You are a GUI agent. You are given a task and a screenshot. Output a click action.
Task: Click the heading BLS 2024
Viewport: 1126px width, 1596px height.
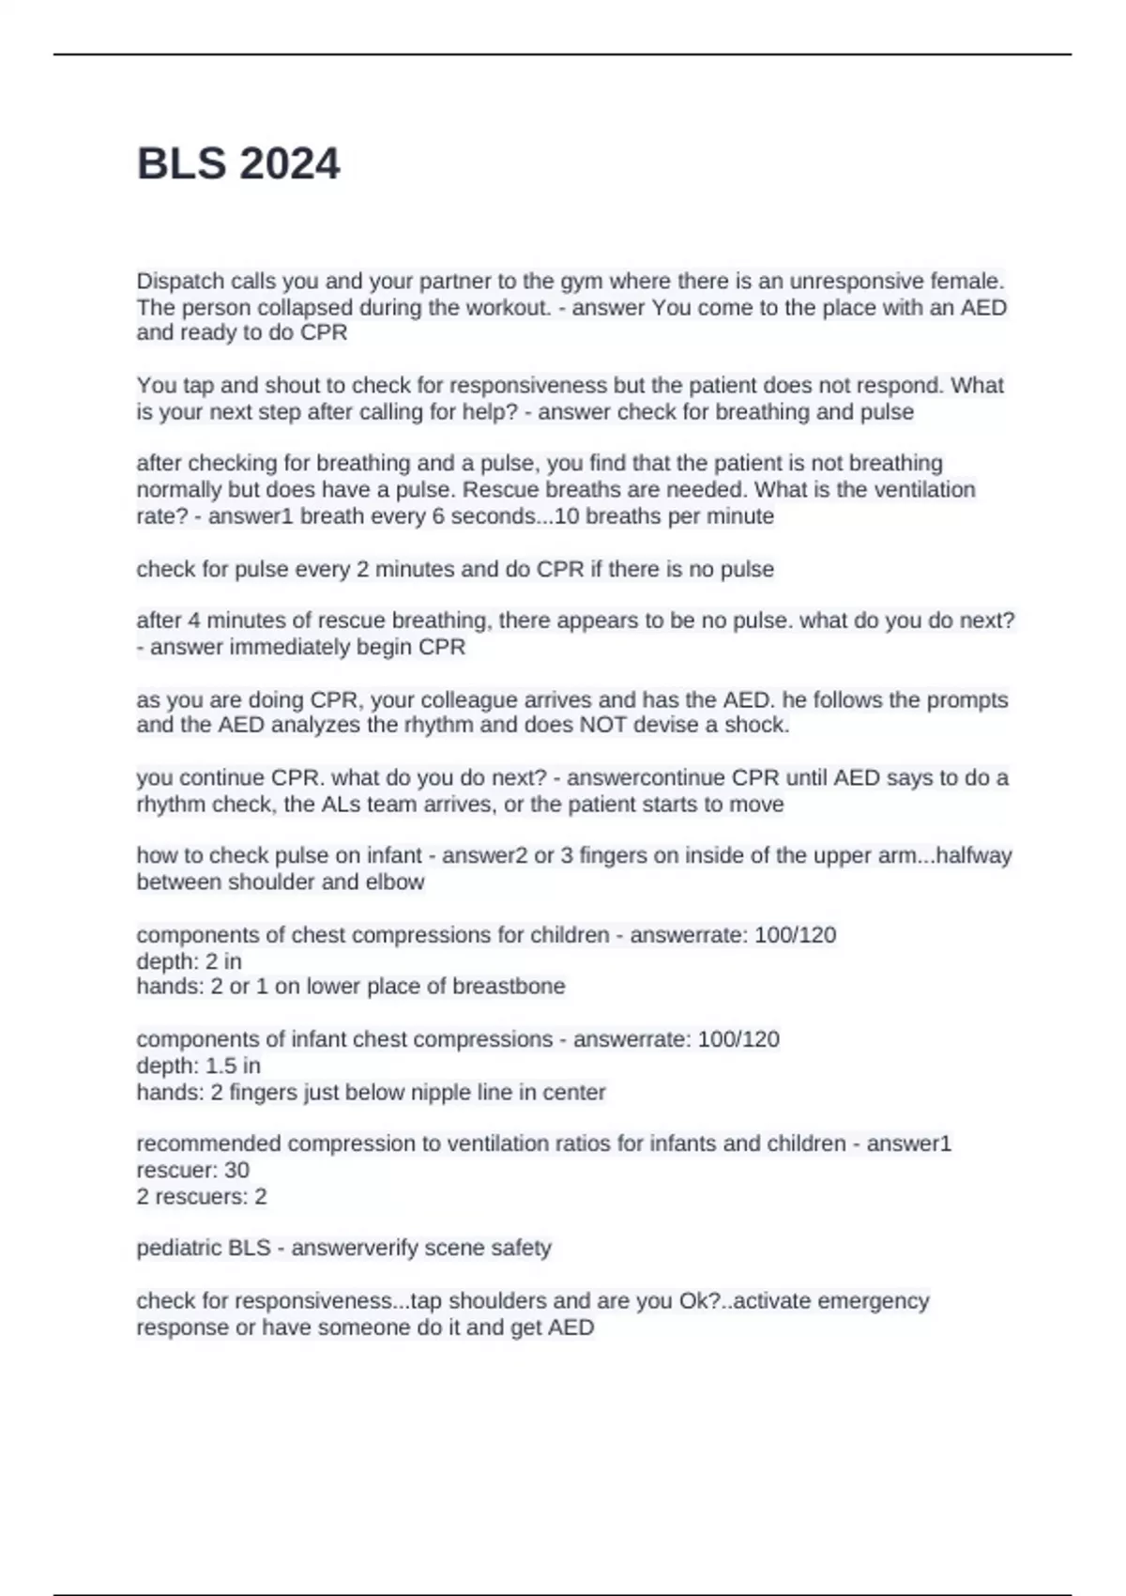pyautogui.click(x=238, y=163)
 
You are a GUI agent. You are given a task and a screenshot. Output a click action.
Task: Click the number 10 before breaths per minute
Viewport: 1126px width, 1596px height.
pyautogui.click(x=568, y=515)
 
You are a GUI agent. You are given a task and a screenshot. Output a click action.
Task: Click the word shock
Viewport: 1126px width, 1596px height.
pyautogui.click(x=762, y=725)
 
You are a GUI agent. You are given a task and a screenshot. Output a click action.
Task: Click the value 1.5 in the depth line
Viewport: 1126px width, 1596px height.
pyautogui.click(x=221, y=1066)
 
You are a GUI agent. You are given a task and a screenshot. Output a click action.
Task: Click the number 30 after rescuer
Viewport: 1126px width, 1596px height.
pyautogui.click(x=236, y=1170)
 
